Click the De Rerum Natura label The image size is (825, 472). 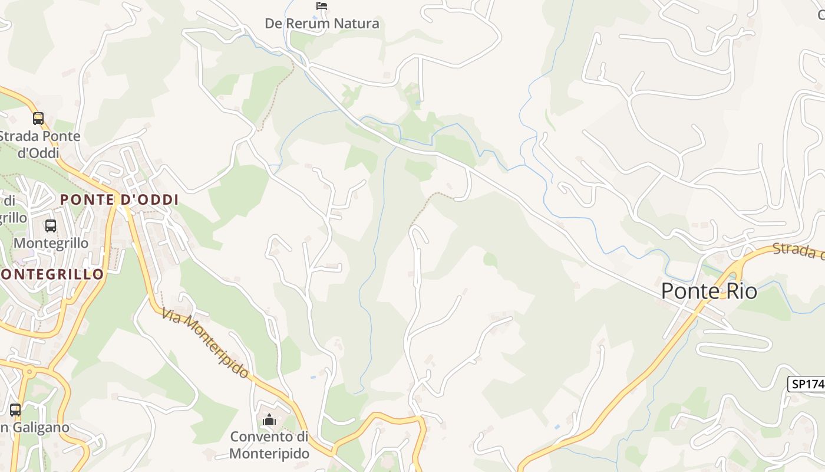pyautogui.click(x=322, y=24)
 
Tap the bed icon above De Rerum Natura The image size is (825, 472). pyautogui.click(x=321, y=6)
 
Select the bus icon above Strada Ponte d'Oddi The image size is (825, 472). pyautogui.click(x=38, y=119)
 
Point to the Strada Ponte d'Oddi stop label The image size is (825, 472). pyautogui.click(x=39, y=145)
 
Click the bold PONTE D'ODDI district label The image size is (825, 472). pyautogui.click(x=119, y=199)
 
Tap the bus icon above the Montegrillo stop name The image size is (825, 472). pyautogui.click(x=51, y=225)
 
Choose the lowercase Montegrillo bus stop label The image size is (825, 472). pyautogui.click(x=51, y=243)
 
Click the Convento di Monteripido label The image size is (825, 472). pyautogui.click(x=269, y=445)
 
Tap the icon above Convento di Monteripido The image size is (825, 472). pyautogui.click(x=269, y=420)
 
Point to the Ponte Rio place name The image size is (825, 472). pyautogui.click(x=709, y=291)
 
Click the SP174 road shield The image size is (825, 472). pyautogui.click(x=806, y=384)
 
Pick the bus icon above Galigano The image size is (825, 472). pyautogui.click(x=15, y=409)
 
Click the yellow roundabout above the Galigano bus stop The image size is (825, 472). pyautogui.click(x=28, y=371)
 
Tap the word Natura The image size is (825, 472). pyautogui.click(x=357, y=24)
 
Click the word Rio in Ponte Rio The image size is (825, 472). pyautogui.click(x=741, y=291)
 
